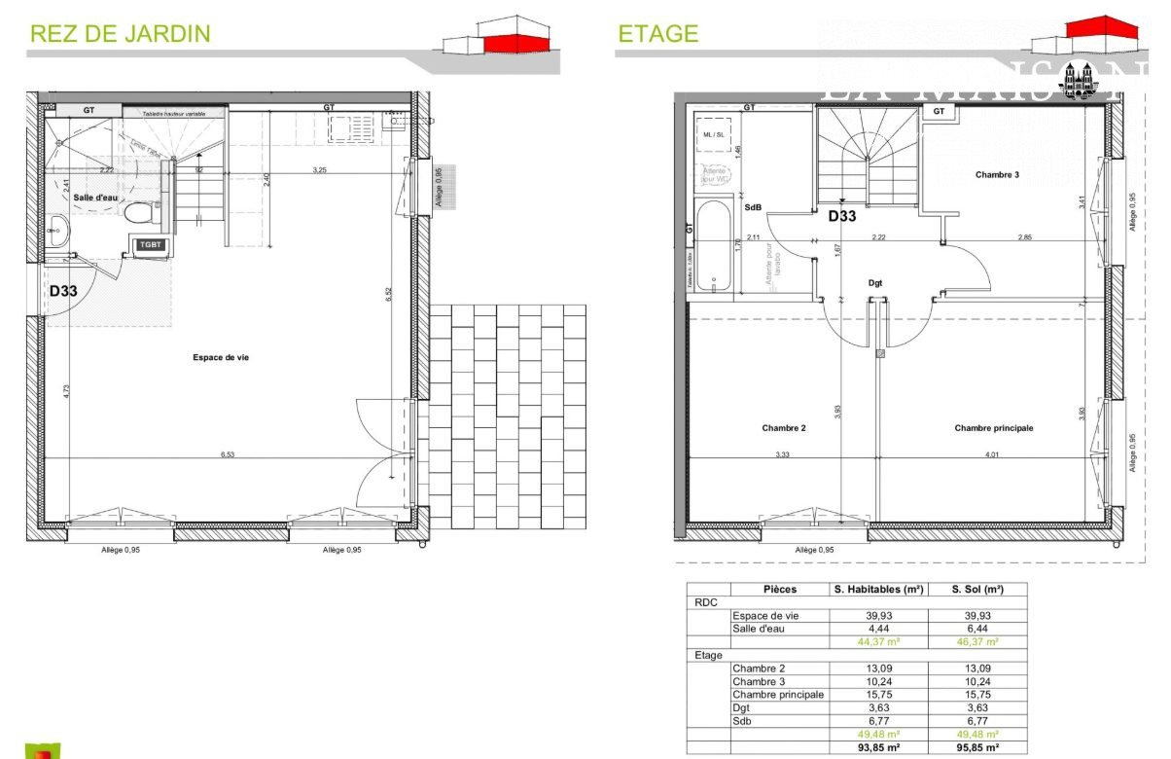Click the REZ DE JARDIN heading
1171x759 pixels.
(120, 34)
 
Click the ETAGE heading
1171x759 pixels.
(657, 34)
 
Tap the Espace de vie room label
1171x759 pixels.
(221, 358)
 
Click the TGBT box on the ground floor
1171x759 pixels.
(150, 245)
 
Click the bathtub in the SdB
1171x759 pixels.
(714, 245)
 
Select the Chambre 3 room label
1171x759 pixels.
(997, 175)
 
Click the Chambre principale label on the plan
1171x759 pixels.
(993, 428)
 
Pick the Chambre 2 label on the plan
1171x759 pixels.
(784, 428)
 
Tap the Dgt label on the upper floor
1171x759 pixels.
(875, 283)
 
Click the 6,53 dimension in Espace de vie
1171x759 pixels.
(229, 453)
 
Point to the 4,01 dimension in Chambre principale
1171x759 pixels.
(991, 454)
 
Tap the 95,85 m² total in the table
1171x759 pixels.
(976, 747)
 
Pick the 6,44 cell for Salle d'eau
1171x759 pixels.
(976, 629)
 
